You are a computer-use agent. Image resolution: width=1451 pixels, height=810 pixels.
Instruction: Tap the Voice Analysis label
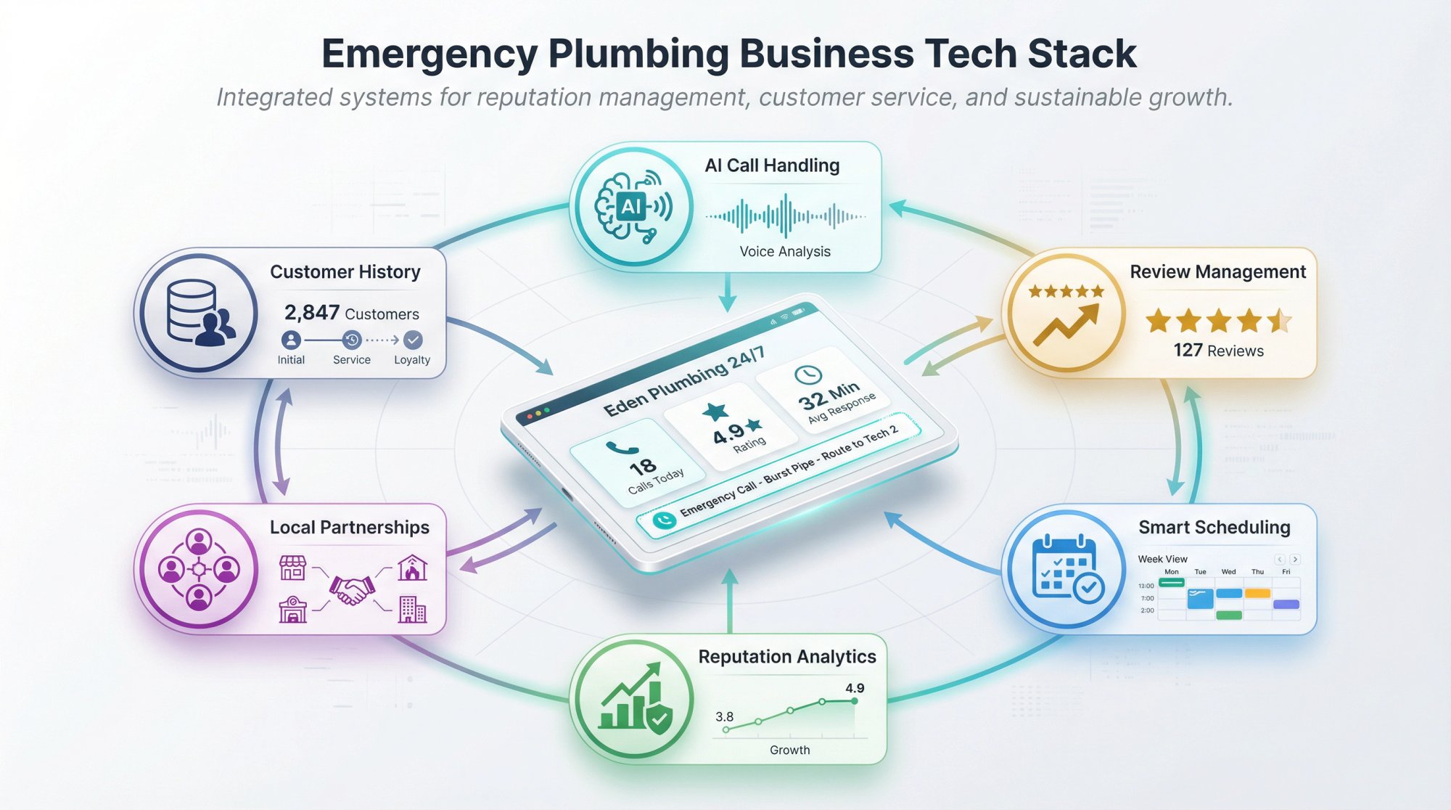pyautogui.click(x=784, y=252)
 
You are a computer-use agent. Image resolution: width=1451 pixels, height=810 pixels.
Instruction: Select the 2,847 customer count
pyautogui.click(x=312, y=313)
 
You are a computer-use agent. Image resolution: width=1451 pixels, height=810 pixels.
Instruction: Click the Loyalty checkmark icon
pyautogui.click(x=413, y=340)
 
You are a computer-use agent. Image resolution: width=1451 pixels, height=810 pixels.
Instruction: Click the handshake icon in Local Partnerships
pyautogui.click(x=352, y=589)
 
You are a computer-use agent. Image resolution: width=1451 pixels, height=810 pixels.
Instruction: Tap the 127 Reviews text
pyautogui.click(x=1218, y=351)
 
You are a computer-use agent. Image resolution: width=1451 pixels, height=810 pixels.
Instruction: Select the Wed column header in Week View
pyautogui.click(x=1228, y=572)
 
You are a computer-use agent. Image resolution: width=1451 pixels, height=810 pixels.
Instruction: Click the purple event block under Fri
pyautogui.click(x=1286, y=604)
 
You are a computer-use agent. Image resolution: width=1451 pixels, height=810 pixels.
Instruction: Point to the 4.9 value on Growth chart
pyautogui.click(x=854, y=688)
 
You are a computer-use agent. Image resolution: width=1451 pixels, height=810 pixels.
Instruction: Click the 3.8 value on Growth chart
pyautogui.click(x=724, y=716)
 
